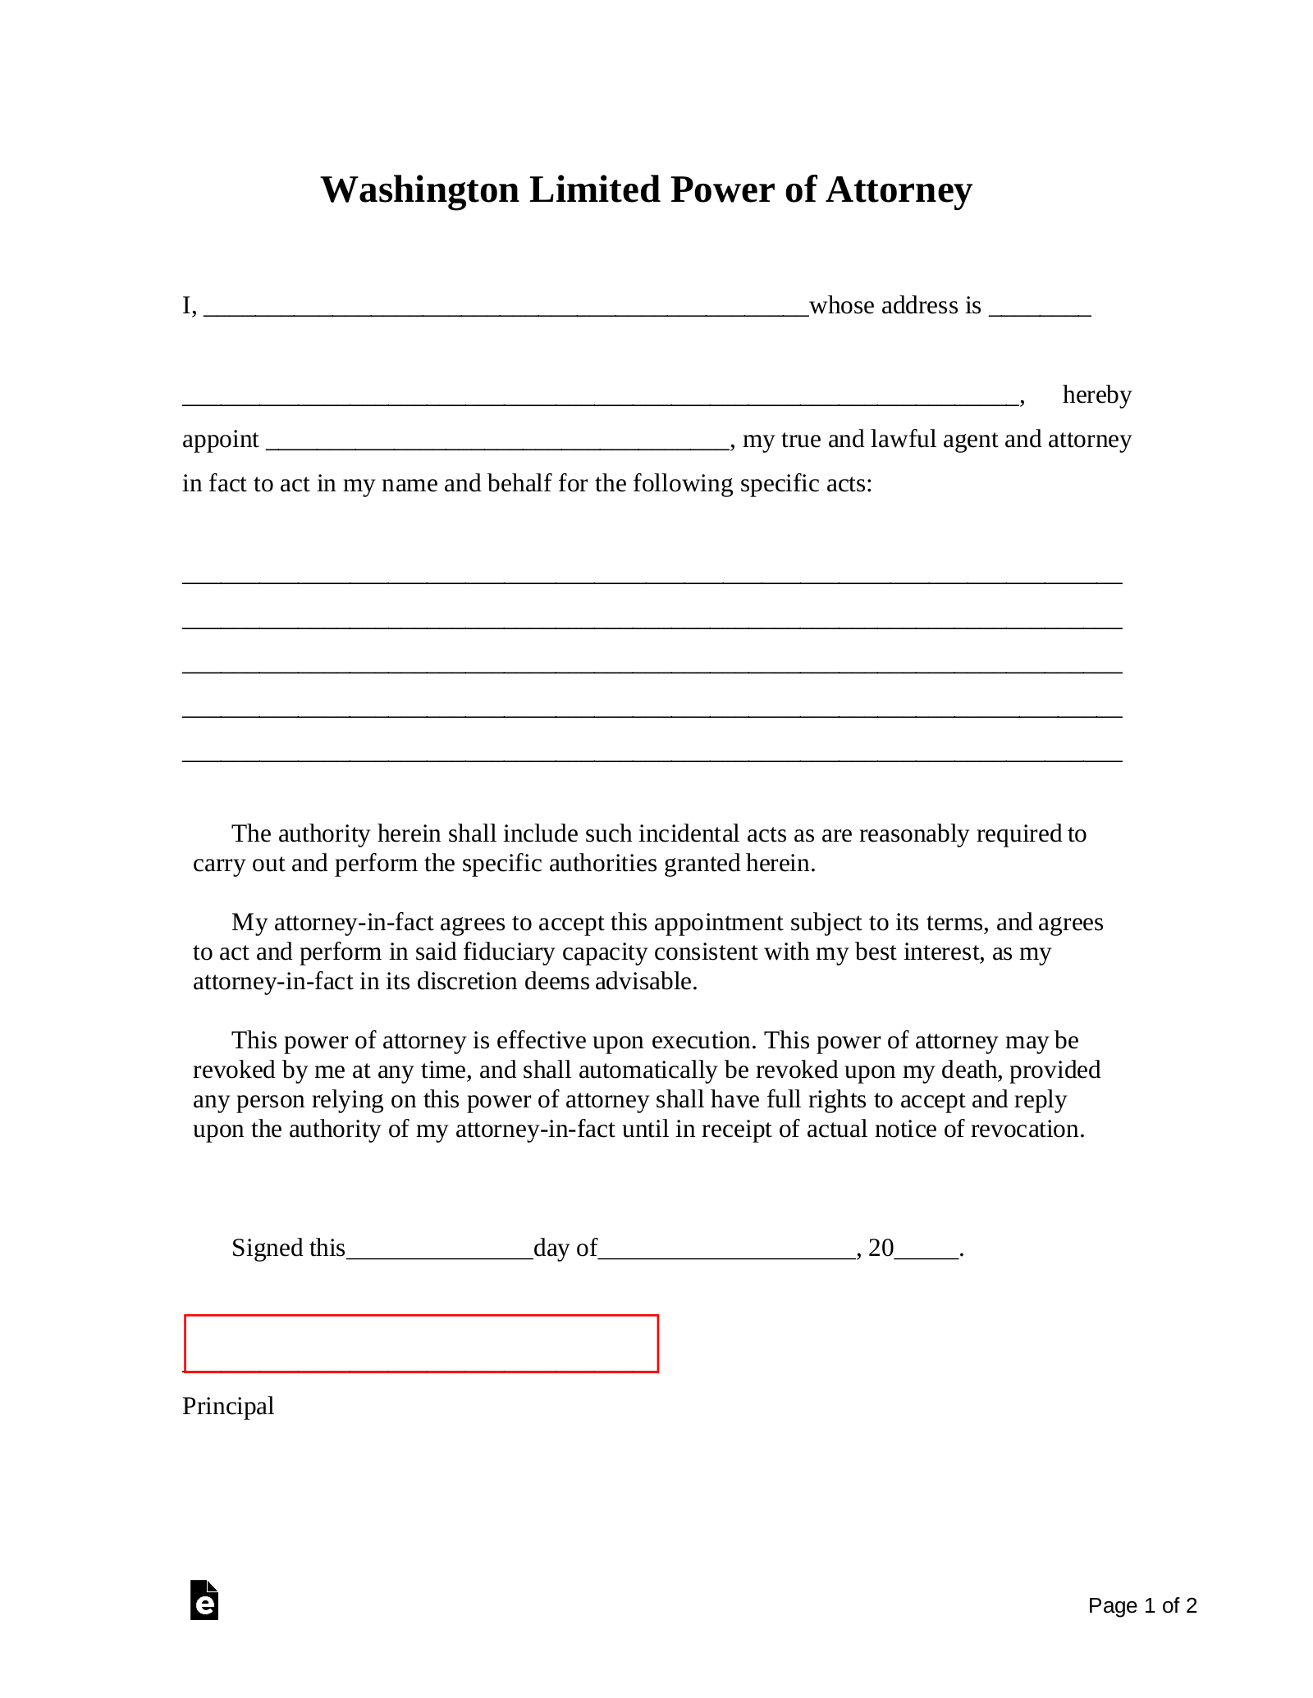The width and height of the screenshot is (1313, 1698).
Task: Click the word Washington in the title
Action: [419, 190]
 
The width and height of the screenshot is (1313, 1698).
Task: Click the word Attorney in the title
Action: [899, 190]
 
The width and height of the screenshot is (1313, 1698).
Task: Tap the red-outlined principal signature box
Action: [421, 1343]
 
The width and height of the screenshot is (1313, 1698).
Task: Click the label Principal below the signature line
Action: [228, 1406]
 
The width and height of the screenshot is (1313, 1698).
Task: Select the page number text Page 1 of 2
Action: [1142, 1605]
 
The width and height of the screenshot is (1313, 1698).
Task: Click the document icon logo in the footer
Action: [204, 1600]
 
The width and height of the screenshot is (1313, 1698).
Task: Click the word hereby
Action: [1096, 395]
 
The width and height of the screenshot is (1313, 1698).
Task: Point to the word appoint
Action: [220, 440]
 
